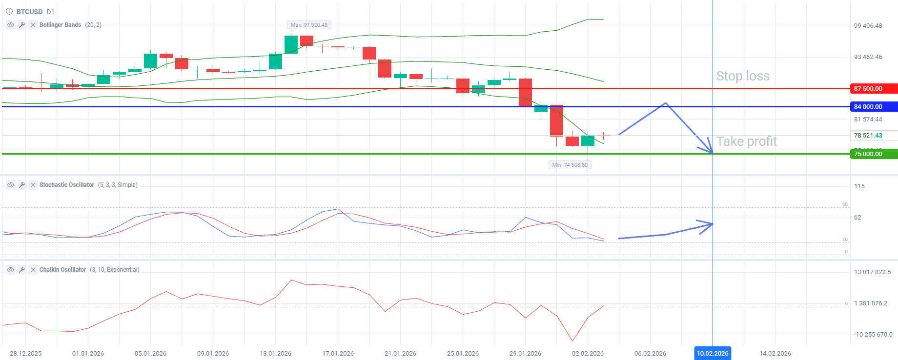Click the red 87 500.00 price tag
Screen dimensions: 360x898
point(873,89)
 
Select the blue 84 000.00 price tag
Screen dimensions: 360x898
point(873,106)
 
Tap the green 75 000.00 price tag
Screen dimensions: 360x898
point(873,154)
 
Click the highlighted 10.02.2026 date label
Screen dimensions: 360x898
point(712,353)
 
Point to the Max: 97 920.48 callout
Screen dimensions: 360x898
point(309,25)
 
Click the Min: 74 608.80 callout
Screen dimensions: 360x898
point(570,165)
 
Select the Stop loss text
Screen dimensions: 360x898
point(742,76)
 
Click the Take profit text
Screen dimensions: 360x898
point(746,141)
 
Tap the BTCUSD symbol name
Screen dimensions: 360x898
point(30,12)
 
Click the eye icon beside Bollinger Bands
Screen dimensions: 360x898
point(11,25)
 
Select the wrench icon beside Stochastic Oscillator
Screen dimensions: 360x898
point(22,185)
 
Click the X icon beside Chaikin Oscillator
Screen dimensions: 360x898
point(33,270)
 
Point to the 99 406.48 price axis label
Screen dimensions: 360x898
point(868,26)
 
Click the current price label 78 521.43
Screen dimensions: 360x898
point(868,136)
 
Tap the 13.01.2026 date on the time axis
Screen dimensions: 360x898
point(275,354)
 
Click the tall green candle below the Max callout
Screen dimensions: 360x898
point(291,44)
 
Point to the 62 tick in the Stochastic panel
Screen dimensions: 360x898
point(857,218)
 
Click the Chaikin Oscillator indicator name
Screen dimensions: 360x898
point(62,270)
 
